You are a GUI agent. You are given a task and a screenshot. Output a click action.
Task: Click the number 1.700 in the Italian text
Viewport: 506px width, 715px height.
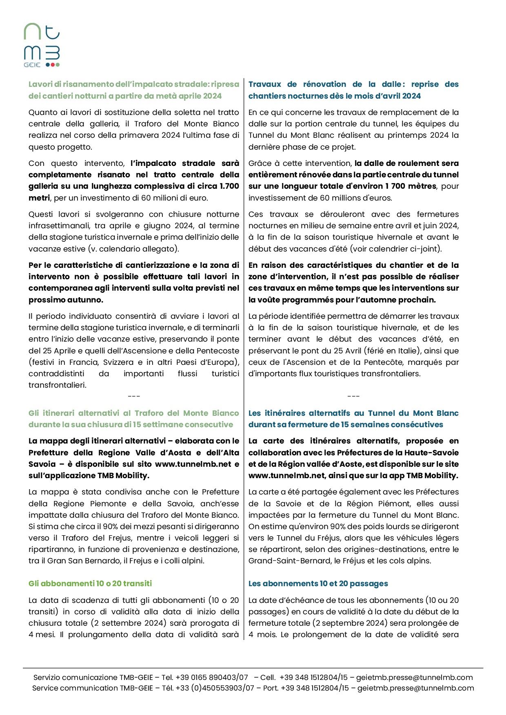229,186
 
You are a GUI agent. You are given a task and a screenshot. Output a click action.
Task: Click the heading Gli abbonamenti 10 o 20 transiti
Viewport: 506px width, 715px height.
90,583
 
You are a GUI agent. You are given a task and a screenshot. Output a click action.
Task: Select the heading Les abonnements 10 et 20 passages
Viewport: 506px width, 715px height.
318,583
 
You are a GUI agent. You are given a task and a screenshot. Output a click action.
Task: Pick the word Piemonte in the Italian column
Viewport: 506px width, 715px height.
108,503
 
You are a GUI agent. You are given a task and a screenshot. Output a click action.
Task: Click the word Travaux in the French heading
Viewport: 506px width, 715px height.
265,84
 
